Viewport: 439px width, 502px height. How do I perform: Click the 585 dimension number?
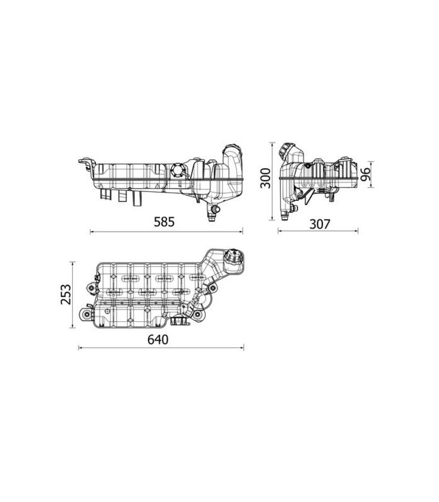[164, 222]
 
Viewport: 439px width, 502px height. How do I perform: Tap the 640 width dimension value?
[158, 339]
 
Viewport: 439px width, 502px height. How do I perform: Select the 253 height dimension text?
[66, 294]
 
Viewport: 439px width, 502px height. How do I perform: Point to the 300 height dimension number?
[265, 178]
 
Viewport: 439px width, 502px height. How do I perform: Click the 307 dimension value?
[319, 224]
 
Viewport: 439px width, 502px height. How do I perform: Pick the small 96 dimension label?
[366, 174]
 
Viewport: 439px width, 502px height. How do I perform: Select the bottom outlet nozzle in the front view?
[212, 213]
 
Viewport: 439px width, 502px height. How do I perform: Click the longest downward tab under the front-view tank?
[137, 198]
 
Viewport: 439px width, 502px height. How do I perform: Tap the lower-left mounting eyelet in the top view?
[87, 316]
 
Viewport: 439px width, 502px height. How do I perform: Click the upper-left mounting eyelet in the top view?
[92, 288]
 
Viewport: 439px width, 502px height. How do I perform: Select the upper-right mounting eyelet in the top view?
[212, 289]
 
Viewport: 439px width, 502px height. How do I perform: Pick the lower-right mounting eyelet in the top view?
[197, 315]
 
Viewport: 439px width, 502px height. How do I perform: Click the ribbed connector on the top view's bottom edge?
[176, 321]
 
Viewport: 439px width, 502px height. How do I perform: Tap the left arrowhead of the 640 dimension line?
[80, 348]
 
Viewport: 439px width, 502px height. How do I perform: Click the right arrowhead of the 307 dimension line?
[356, 230]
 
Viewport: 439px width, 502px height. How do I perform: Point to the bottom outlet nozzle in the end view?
[284, 215]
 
